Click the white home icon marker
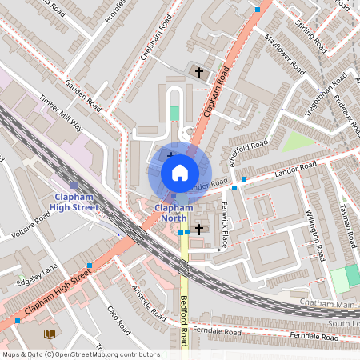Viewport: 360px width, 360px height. (179, 172)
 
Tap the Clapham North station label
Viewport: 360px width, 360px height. (173, 213)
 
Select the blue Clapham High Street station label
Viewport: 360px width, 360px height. (75, 202)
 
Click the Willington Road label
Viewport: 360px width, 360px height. (314, 232)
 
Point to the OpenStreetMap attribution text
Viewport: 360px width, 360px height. (80, 354)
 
